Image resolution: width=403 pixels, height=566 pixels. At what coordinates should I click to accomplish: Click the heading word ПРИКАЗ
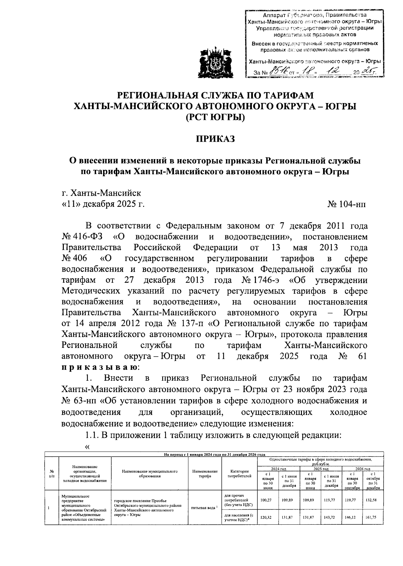tap(215, 139)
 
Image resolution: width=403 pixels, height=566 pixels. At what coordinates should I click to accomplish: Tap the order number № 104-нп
tap(347, 204)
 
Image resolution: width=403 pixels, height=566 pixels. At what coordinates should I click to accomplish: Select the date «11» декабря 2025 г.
tap(103, 204)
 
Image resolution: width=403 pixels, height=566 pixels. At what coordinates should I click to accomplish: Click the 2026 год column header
tap(362, 469)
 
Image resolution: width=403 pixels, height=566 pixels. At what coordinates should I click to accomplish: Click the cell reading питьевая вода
tap(205, 508)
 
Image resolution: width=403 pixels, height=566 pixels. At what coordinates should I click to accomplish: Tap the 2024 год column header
tap(278, 469)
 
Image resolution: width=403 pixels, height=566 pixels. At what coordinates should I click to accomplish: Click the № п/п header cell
tap(52, 473)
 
